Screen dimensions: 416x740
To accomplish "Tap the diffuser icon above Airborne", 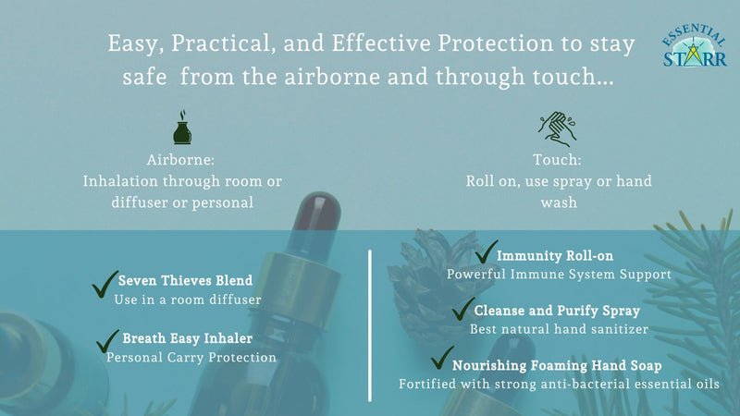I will [x=182, y=128].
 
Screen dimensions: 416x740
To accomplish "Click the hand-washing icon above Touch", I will [x=558, y=128].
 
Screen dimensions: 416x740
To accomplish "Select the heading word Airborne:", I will [x=182, y=158].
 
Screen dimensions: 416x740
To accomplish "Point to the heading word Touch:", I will [x=558, y=158].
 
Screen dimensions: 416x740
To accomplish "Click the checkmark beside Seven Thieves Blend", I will [x=105, y=284].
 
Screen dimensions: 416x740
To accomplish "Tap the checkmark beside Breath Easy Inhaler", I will [x=108, y=341].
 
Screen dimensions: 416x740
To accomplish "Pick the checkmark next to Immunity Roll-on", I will [x=486, y=252].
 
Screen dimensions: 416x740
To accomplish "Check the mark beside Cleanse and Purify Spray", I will [x=462, y=309].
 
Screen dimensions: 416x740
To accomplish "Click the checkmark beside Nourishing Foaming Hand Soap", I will [x=443, y=357].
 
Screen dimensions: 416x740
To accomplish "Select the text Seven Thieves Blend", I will [x=185, y=280].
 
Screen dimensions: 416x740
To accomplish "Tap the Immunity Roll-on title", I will [x=555, y=255].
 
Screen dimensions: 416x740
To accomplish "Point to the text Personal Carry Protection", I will [x=191, y=357].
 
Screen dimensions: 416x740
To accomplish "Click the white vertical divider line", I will [x=370, y=324].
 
